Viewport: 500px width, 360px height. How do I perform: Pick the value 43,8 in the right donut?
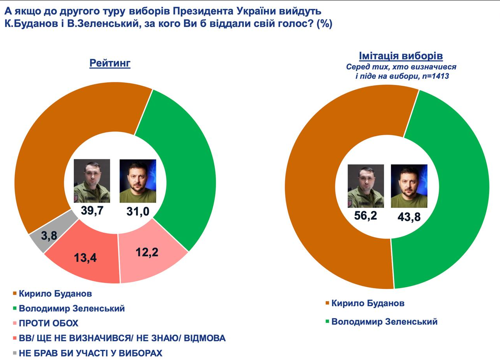[409, 216]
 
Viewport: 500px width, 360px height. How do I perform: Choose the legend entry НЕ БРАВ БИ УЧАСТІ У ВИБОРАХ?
[90, 353]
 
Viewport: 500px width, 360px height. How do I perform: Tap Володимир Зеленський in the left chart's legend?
[71, 308]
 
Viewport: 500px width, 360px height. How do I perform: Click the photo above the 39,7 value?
[92, 181]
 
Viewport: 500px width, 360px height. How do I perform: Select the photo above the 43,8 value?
[409, 185]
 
